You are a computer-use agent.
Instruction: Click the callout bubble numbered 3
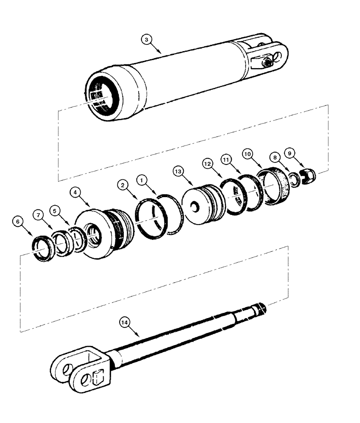pyautogui.click(x=146, y=40)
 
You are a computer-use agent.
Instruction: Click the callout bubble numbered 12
pyautogui.click(x=207, y=163)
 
